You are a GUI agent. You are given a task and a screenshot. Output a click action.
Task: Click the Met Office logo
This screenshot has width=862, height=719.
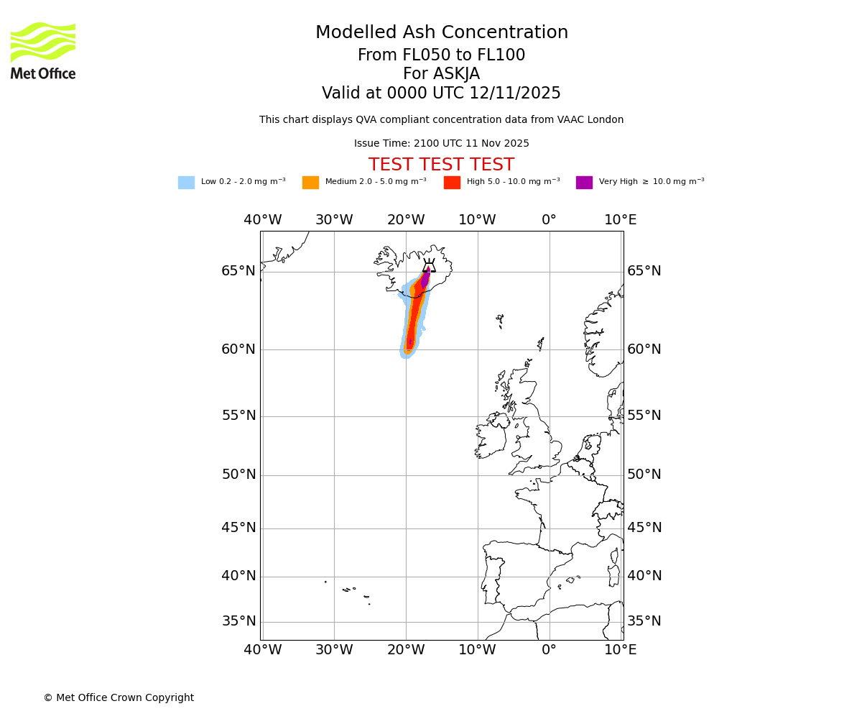click(x=43, y=50)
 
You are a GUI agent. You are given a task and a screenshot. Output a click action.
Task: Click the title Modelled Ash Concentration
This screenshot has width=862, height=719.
click(x=441, y=33)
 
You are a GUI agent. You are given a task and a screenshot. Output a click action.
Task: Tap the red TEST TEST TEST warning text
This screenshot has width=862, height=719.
click(x=441, y=165)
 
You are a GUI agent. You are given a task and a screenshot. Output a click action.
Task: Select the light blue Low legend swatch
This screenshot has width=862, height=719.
click(x=186, y=183)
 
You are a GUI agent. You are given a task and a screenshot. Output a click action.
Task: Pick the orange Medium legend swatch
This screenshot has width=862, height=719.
click(x=310, y=183)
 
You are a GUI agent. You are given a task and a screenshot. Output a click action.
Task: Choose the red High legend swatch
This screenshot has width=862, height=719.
click(x=452, y=183)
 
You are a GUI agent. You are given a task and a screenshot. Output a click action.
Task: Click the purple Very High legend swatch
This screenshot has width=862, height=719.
click(x=584, y=183)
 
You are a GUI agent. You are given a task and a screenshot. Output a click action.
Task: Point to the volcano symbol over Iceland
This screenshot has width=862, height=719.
click(x=429, y=266)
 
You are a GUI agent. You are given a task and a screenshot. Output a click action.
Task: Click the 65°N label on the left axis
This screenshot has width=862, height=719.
click(x=238, y=271)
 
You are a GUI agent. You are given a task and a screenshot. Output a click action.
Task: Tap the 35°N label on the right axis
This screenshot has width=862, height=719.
click(x=644, y=621)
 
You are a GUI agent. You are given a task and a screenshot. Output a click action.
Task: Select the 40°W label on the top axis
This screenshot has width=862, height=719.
click(x=262, y=220)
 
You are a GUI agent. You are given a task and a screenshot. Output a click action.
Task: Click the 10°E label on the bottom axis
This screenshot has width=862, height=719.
click(x=621, y=650)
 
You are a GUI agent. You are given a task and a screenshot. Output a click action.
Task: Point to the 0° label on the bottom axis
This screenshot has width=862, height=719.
click(x=549, y=650)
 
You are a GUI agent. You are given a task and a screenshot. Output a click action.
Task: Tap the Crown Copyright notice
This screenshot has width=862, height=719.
click(x=119, y=697)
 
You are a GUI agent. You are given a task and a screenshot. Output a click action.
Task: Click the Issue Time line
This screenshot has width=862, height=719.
click(x=441, y=144)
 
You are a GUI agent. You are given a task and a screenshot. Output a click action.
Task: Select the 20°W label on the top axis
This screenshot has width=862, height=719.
click(x=406, y=220)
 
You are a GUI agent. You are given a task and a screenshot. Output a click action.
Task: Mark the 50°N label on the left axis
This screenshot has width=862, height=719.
click(x=238, y=475)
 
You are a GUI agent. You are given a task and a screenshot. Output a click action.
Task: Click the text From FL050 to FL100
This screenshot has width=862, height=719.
click(x=441, y=55)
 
